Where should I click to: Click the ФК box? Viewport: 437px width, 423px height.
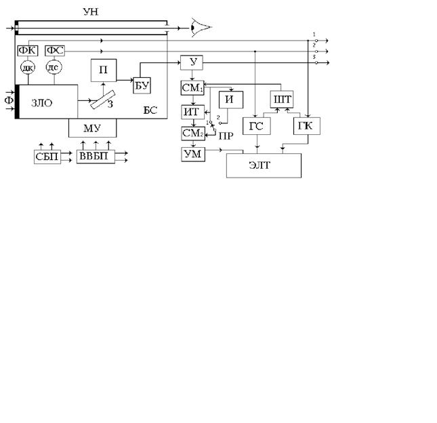pos(28,52)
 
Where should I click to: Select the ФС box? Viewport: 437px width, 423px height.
pos(55,52)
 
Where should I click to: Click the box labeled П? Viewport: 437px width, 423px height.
pos(104,70)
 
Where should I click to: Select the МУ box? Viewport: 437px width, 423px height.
pos(92,129)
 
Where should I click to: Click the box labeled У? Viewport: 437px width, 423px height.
pos(192,63)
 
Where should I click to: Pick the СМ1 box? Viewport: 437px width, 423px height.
pos(192,87)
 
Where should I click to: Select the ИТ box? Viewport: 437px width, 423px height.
pos(192,111)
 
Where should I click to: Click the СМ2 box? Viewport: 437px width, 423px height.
pos(192,134)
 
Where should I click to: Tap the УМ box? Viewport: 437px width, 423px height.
pos(192,155)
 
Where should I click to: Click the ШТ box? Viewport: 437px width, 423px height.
pos(281,100)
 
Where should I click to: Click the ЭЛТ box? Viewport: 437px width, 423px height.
pos(264,165)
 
